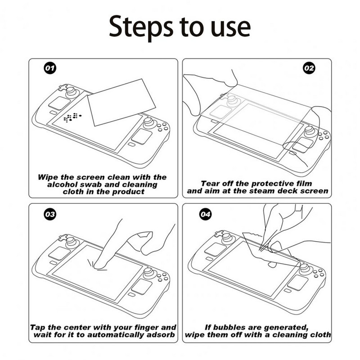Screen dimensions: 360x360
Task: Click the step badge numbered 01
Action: click(x=50, y=68)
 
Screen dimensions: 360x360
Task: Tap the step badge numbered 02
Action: click(x=309, y=68)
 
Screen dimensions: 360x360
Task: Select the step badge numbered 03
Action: click(x=50, y=214)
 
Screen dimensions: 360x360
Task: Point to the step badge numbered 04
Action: click(x=206, y=214)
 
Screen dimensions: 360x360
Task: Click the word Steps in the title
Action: click(x=141, y=27)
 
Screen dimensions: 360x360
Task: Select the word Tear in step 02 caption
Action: click(x=210, y=184)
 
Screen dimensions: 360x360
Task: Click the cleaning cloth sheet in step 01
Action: click(x=121, y=102)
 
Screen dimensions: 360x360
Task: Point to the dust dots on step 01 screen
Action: click(x=72, y=117)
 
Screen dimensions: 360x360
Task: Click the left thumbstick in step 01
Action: click(x=71, y=91)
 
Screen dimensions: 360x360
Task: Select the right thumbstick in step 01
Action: click(x=149, y=123)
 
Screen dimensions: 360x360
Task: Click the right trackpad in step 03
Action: click(x=142, y=287)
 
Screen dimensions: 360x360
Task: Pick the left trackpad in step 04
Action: click(x=215, y=249)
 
